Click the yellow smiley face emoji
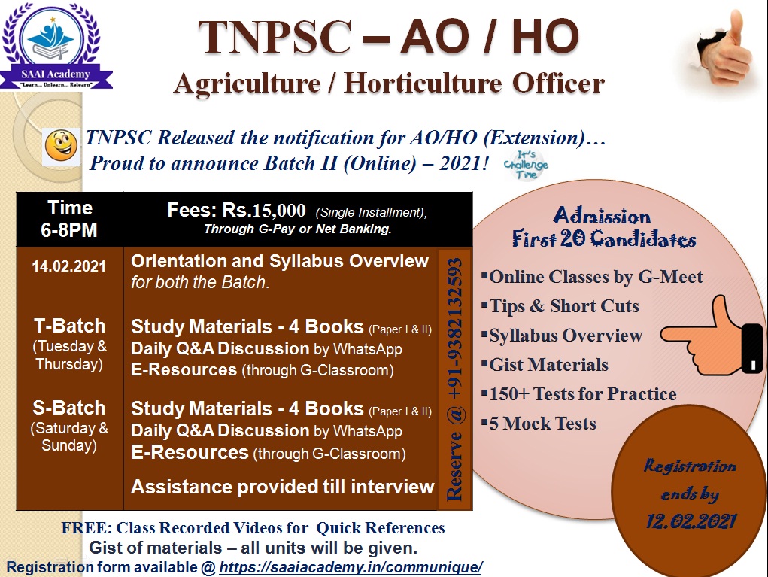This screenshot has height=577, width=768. (61, 146)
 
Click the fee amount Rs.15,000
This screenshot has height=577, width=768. (264, 210)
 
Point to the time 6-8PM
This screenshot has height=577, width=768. (69, 230)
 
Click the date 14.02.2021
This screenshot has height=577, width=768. (69, 266)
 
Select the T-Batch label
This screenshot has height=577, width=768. (69, 326)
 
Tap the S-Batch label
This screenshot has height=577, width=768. (69, 408)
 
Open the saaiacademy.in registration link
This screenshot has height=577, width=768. (351, 568)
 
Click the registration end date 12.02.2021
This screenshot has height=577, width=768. (691, 521)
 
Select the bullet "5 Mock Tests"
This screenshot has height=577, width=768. (539, 424)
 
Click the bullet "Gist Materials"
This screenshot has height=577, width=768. (545, 365)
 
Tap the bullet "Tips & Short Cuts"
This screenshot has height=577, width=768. (560, 307)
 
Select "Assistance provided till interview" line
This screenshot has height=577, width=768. (283, 487)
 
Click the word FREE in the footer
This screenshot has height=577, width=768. (87, 528)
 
